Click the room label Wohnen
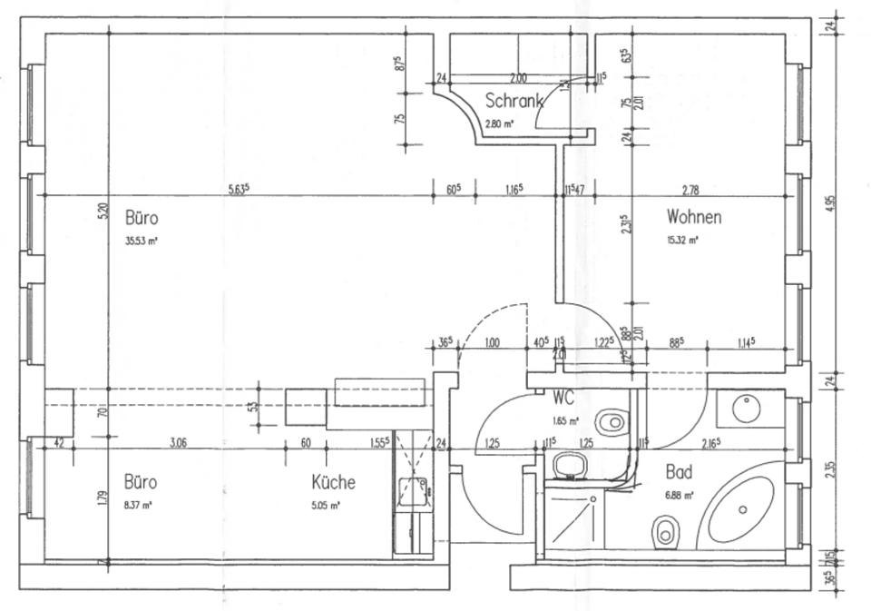(694, 218)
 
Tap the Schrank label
(514, 101)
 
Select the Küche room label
(333, 483)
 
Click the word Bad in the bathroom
(680, 473)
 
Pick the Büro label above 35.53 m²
(142, 219)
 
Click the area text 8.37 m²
(138, 505)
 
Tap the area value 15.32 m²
(682, 241)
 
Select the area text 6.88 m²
(680, 496)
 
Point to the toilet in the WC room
(614, 420)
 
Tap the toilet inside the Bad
(667, 530)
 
